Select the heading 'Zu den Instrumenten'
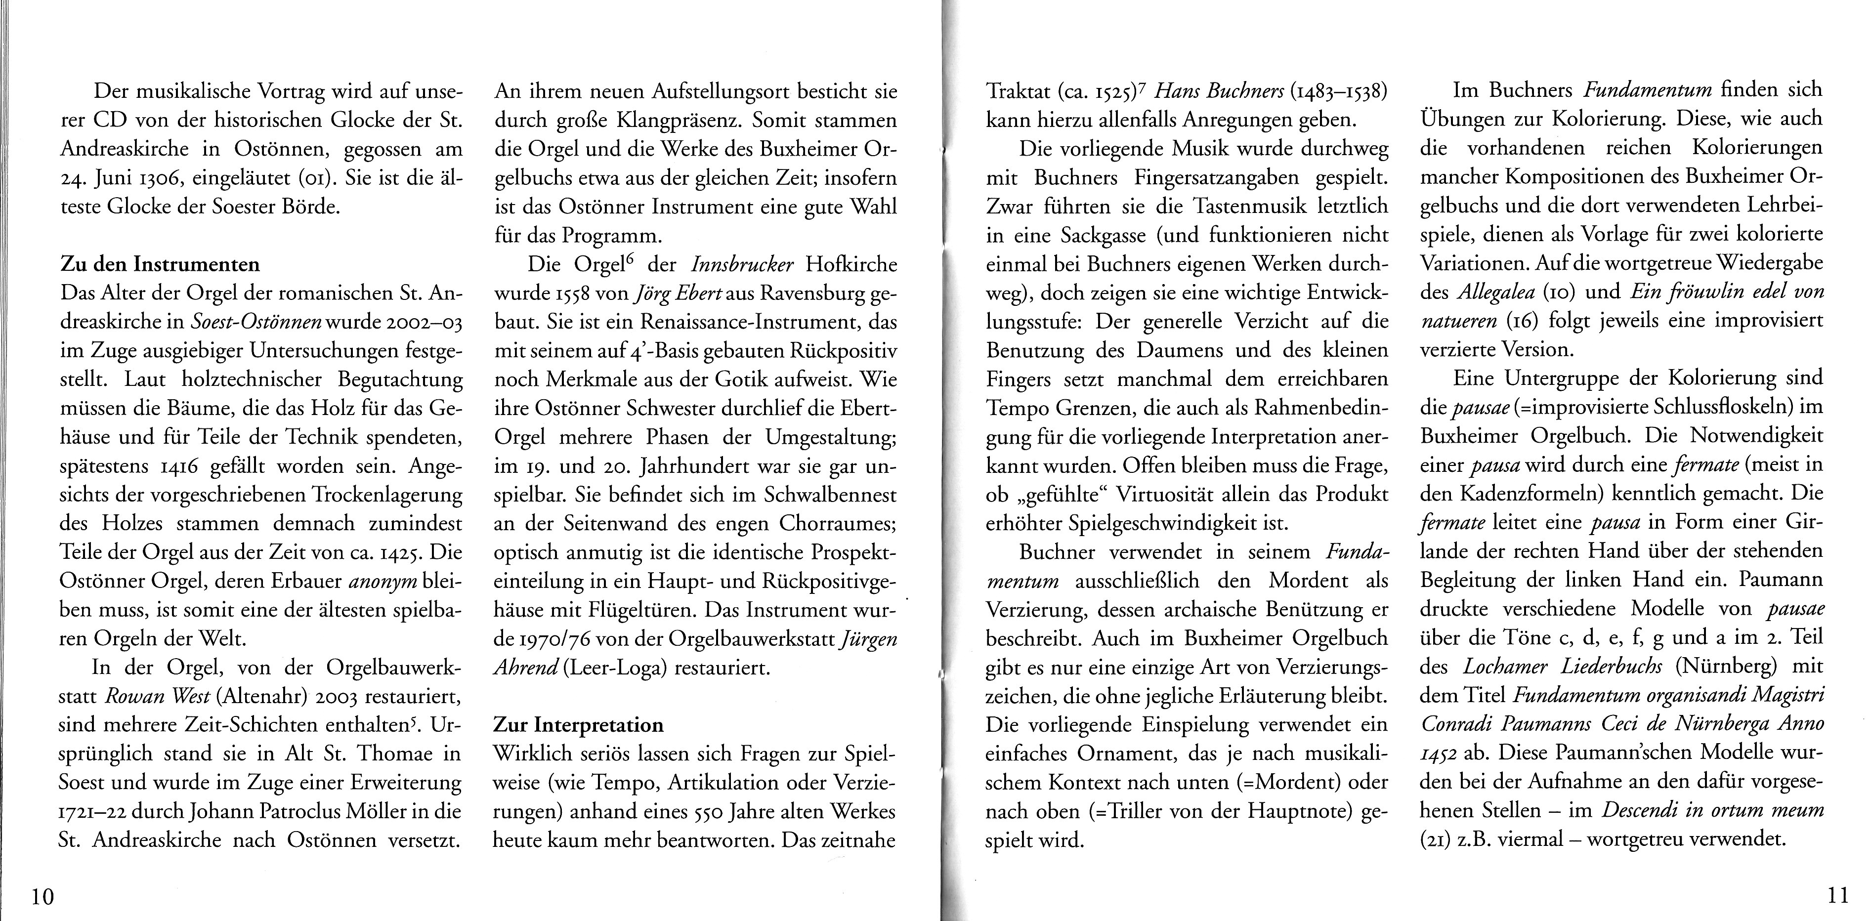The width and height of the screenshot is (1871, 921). click(159, 264)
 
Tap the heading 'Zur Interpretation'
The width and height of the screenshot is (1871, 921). click(578, 724)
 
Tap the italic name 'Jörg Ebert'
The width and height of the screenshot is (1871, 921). click(677, 294)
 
